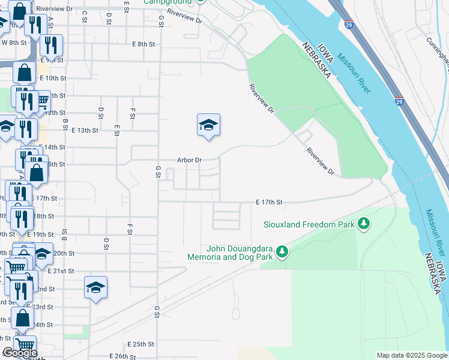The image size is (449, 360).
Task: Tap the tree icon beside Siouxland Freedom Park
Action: (363, 224)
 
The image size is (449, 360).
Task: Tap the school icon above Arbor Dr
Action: (208, 125)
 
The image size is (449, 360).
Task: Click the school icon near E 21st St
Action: (95, 288)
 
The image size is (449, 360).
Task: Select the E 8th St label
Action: (144, 44)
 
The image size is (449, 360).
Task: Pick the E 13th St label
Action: (84, 130)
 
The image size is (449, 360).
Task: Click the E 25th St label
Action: (140, 344)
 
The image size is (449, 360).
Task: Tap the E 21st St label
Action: (61, 271)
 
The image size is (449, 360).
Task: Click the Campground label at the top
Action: (167, 2)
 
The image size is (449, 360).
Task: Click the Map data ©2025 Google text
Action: (412, 355)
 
